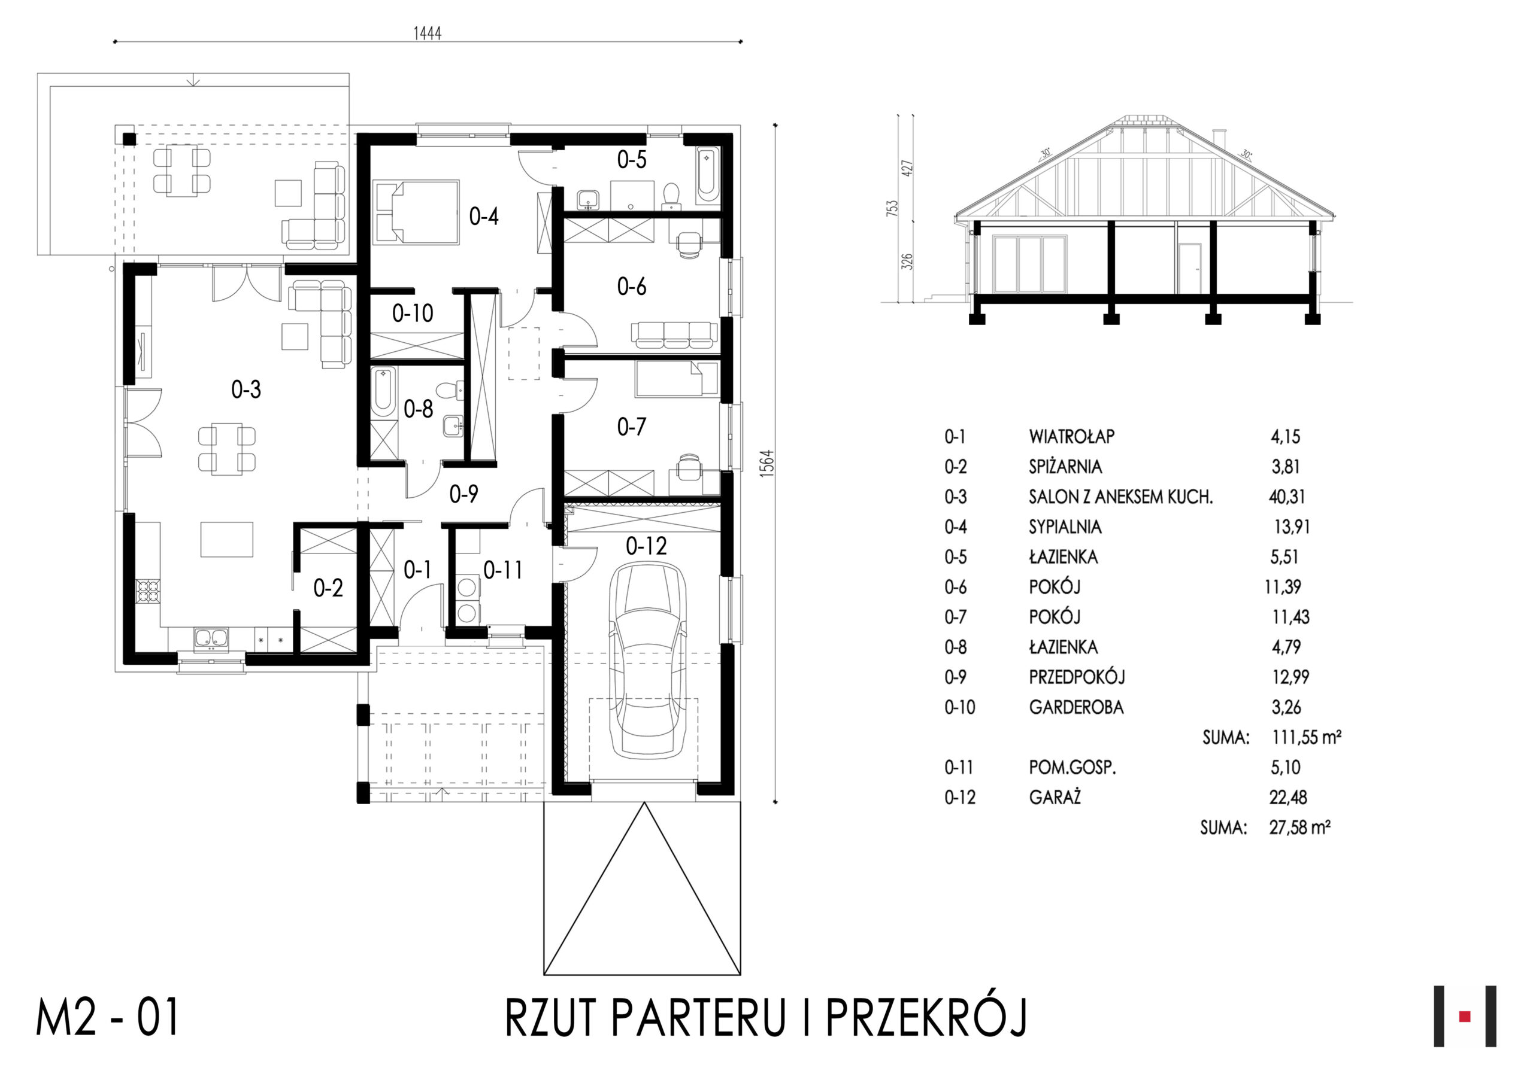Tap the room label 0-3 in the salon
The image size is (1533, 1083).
coord(246,389)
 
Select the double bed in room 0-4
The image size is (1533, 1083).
coord(417,212)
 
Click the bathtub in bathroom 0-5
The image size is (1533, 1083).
coord(707,175)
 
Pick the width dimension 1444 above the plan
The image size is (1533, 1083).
coord(428,34)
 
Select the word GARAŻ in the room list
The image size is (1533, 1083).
coord(1055,798)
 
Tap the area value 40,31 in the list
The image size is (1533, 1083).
coord(1287,497)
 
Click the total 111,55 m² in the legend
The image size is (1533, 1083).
coord(1307,737)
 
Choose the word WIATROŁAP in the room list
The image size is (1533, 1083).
coord(1072,436)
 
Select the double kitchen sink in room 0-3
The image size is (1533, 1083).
coord(211,639)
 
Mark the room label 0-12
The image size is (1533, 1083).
coord(646,546)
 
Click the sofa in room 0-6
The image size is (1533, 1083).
coord(674,335)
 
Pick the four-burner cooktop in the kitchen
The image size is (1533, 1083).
coord(149,591)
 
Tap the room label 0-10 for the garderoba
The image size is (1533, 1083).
coord(412,313)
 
